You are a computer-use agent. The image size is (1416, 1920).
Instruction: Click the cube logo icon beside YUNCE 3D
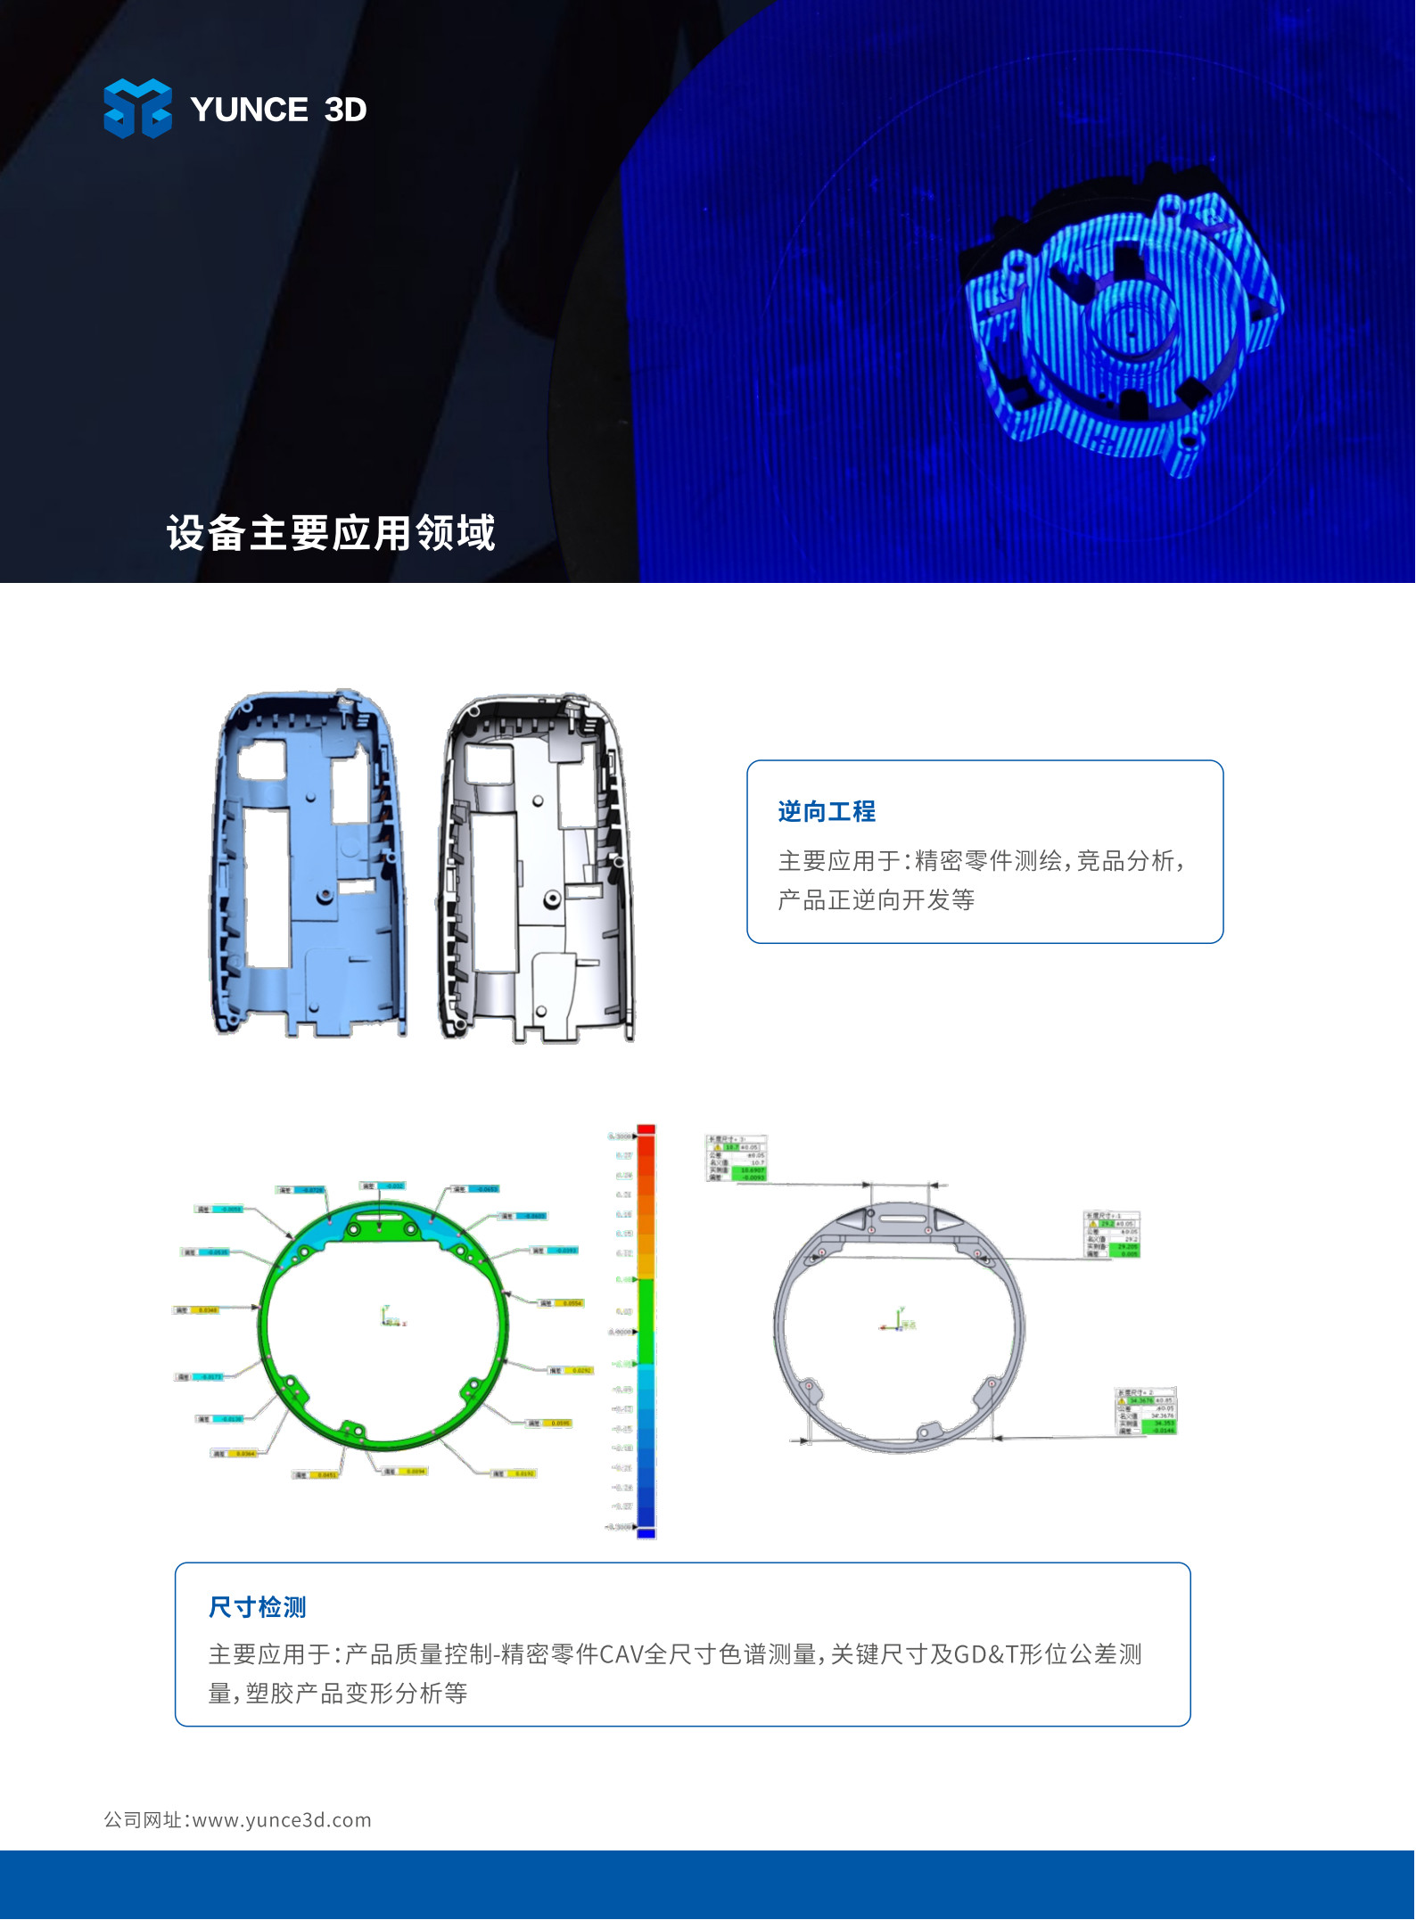click(137, 109)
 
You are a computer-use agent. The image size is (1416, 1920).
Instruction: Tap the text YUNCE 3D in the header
click(278, 110)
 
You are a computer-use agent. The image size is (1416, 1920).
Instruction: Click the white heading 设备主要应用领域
click(330, 533)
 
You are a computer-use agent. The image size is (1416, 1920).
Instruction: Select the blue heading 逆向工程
click(826, 811)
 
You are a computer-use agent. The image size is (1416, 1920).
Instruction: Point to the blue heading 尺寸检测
click(257, 1607)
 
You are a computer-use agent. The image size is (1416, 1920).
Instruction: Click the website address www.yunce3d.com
click(282, 1819)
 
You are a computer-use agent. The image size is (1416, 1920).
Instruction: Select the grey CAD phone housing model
click(535, 869)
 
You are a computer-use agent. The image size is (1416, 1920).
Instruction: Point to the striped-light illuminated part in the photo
click(1124, 321)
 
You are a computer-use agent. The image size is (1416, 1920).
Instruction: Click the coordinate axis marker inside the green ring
click(390, 1317)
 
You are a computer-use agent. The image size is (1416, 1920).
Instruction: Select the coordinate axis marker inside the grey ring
click(898, 1321)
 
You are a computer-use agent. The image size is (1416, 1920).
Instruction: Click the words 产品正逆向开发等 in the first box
click(876, 900)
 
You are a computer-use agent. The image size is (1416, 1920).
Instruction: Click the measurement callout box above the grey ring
click(736, 1159)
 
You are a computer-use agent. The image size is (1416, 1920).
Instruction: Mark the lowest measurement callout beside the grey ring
click(1147, 1410)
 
